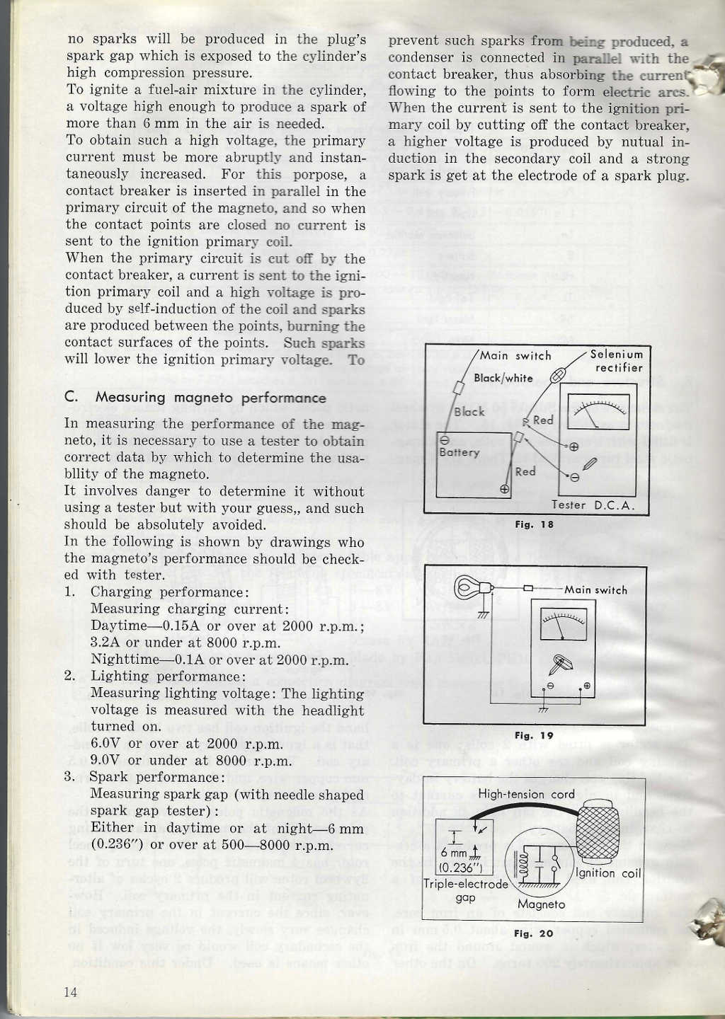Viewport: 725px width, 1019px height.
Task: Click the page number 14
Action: (71, 991)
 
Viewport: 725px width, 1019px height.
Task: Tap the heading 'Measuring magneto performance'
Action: (210, 398)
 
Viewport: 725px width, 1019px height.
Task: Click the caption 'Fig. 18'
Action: (534, 524)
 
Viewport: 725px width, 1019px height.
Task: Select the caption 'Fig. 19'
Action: (534, 735)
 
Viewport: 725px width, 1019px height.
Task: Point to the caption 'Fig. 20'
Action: (534, 933)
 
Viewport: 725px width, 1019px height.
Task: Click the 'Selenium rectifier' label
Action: (617, 361)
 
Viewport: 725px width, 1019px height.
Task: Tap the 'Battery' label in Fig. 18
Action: (459, 452)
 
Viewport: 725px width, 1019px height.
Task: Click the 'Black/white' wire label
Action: (503, 378)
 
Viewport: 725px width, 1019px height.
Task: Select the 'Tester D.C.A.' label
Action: (593, 505)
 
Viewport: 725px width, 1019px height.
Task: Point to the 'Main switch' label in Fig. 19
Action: (595, 590)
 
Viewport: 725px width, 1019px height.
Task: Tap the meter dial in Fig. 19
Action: (563, 623)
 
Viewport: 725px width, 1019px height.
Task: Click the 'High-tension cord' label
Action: (526, 794)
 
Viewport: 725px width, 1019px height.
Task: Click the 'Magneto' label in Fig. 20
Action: (541, 904)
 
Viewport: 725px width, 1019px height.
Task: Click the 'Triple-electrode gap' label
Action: (465, 890)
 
